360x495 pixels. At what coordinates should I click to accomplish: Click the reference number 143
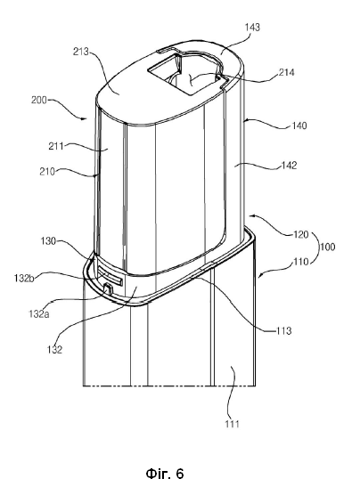coord(252,27)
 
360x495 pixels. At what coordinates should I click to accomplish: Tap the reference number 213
coord(81,52)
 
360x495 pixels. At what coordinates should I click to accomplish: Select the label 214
coord(286,73)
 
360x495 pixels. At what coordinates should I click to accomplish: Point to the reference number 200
coord(39,100)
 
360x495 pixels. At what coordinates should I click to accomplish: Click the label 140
coord(299,126)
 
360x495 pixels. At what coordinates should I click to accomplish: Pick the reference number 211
coord(56,146)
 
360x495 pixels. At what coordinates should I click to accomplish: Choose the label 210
coord(47,172)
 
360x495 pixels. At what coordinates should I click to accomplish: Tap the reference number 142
coord(289,166)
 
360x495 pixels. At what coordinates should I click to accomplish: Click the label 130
coord(48,241)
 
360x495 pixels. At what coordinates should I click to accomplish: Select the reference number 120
coord(300,234)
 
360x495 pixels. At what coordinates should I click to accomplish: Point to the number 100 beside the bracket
coord(327,247)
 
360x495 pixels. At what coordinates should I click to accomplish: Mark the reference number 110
coord(300,262)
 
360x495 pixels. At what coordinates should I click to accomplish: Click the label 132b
coord(24,278)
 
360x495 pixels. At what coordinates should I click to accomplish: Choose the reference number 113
coord(283,331)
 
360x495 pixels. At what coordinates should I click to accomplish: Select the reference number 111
coord(233,424)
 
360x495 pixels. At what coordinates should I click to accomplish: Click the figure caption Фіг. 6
coord(165,474)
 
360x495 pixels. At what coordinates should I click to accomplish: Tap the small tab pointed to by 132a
coord(108,288)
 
